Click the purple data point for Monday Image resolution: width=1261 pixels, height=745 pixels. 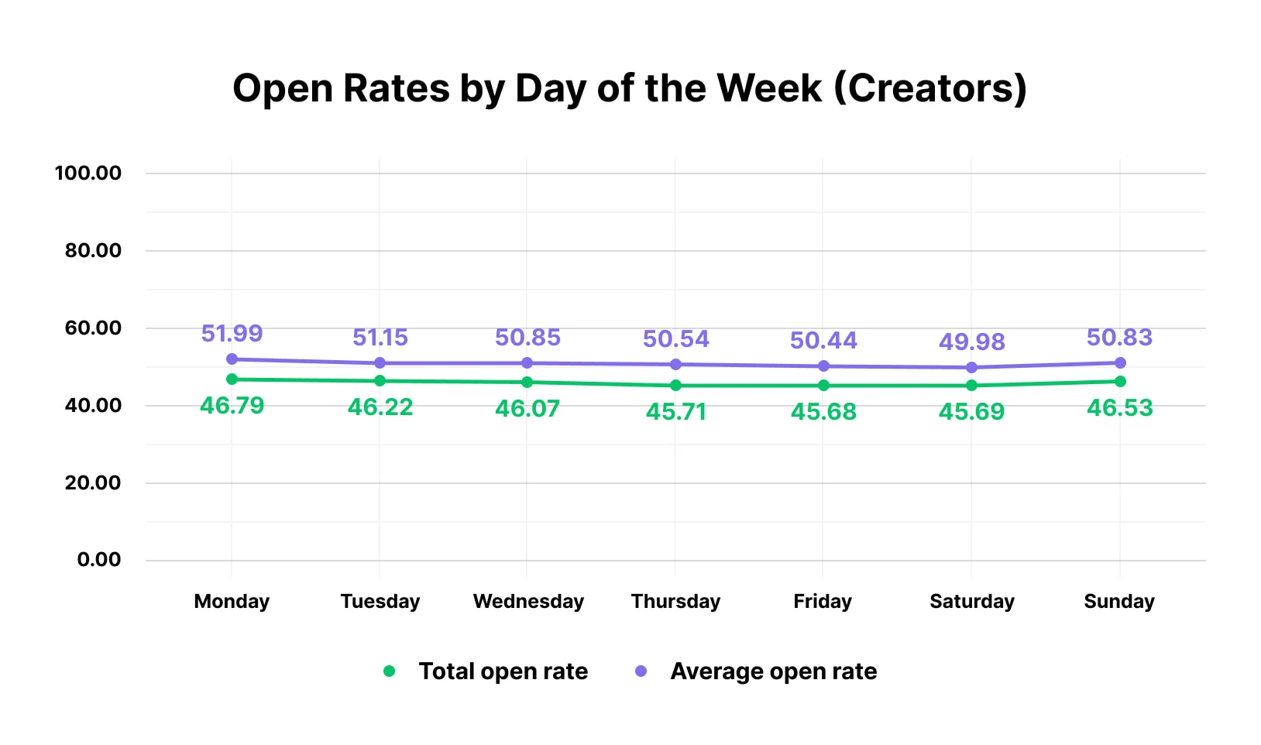click(x=232, y=359)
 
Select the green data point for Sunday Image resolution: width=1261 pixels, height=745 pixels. click(x=1119, y=381)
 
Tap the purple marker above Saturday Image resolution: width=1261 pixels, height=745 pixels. click(x=971, y=368)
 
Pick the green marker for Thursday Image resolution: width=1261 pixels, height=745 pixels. click(x=675, y=386)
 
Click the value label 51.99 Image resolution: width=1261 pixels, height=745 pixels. click(x=232, y=334)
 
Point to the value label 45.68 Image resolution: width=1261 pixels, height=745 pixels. click(x=823, y=411)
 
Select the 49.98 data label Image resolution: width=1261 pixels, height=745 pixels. click(x=971, y=342)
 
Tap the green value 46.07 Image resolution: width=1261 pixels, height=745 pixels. click(x=527, y=408)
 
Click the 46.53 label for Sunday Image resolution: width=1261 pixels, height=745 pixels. click(x=1119, y=407)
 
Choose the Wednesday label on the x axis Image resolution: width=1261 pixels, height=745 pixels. click(x=528, y=601)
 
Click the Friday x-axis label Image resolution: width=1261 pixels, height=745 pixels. click(x=823, y=601)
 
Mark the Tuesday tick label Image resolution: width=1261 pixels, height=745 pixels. click(x=380, y=601)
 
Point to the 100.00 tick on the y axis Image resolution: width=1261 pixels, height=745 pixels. click(x=88, y=173)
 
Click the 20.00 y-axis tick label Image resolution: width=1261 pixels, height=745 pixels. click(x=93, y=482)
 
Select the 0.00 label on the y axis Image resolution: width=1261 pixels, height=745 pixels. click(x=99, y=560)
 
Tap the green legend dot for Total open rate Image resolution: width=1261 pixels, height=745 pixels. click(x=389, y=671)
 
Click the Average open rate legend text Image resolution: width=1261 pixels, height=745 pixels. click(x=773, y=671)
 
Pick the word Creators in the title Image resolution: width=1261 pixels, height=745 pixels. click(x=930, y=88)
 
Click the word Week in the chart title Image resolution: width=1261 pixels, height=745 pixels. click(x=768, y=88)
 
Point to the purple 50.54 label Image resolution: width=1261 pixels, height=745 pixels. click(x=675, y=338)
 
